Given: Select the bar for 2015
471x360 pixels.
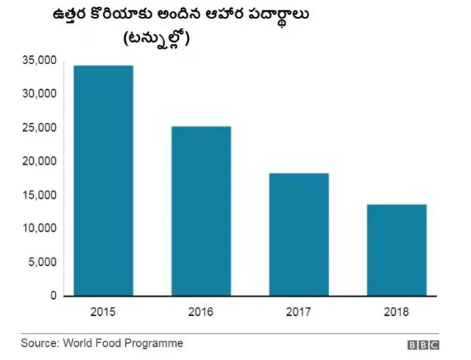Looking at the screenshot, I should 103,181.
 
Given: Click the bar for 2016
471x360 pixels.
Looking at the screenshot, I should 201,211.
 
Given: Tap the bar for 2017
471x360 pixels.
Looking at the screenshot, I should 299,235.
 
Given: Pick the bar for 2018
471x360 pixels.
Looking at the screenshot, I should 396,250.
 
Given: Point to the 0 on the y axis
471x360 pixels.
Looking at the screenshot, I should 53,296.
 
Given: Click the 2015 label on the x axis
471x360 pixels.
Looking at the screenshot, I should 103,313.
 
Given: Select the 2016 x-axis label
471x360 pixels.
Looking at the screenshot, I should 201,313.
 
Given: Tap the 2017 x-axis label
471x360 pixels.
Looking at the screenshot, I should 299,313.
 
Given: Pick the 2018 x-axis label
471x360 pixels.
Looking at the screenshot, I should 396,313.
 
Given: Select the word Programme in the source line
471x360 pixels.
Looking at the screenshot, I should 157,343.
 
